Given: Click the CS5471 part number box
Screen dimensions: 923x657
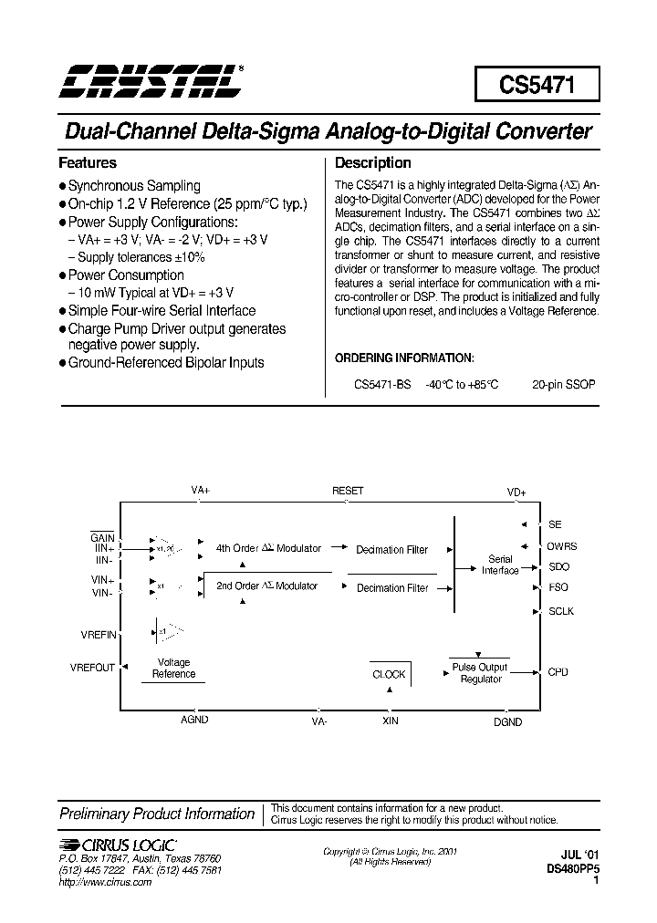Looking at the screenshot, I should (537, 85).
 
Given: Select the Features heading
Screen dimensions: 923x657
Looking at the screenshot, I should (88, 163).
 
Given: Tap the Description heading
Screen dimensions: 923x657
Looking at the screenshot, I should (373, 163).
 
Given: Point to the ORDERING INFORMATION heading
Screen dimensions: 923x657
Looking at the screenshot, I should (404, 358).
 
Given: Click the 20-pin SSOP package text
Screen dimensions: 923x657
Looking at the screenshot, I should (564, 385).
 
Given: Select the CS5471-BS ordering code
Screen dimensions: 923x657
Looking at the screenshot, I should (382, 385).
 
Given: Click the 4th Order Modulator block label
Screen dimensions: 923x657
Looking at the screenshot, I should (268, 548).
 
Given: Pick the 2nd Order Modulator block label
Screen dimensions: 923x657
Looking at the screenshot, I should (267, 586).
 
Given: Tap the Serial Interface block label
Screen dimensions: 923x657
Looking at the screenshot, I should (500, 565).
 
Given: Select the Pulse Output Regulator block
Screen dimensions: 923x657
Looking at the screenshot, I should (480, 673).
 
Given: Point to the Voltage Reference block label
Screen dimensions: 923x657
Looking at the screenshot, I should (173, 669).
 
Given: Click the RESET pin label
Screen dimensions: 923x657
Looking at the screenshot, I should (348, 491).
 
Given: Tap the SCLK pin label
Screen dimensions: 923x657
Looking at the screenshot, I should (561, 611).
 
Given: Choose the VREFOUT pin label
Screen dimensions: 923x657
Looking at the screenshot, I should (92, 667).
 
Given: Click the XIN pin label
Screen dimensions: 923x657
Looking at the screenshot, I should (390, 721).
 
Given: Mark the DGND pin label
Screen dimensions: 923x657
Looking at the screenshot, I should (508, 721).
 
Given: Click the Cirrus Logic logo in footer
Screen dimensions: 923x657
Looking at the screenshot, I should (117, 844).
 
